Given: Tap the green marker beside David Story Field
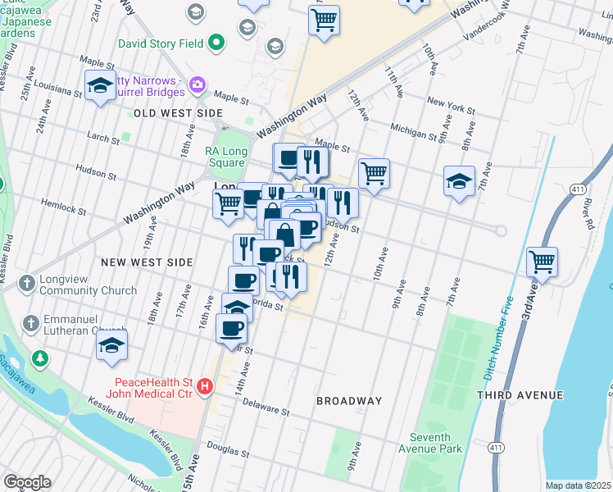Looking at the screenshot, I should [216, 42].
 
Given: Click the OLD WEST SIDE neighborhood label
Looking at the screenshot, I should [178, 112].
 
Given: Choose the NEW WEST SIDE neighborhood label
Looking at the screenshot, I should [147, 262].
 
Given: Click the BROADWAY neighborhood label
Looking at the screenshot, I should [349, 401].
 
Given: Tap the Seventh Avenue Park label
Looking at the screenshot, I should [436, 443].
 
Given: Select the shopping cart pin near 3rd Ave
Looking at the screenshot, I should [542, 262].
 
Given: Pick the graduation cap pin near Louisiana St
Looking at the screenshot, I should [100, 85].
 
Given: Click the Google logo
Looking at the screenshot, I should [27, 482].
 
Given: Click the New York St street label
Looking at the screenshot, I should [450, 105].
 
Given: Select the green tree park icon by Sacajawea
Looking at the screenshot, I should [39, 358].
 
